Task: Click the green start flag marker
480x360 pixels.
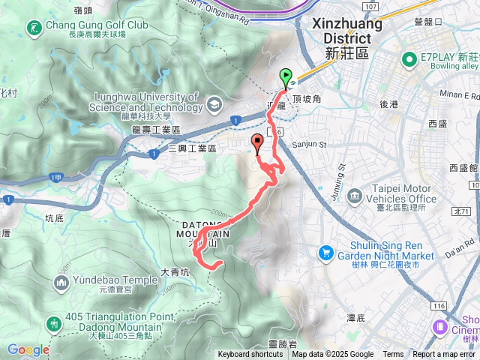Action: tap(286, 76)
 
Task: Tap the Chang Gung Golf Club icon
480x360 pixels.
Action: tap(34, 28)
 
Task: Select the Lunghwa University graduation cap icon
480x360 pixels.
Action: tap(215, 103)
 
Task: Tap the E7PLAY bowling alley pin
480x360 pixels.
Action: tap(409, 58)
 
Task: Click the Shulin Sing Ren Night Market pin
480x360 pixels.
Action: tap(325, 252)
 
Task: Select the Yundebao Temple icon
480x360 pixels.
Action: tap(61, 283)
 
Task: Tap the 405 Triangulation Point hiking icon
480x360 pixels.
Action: tap(53, 323)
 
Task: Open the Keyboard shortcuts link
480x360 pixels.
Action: tap(250, 355)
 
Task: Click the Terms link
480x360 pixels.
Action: tap(393, 355)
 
